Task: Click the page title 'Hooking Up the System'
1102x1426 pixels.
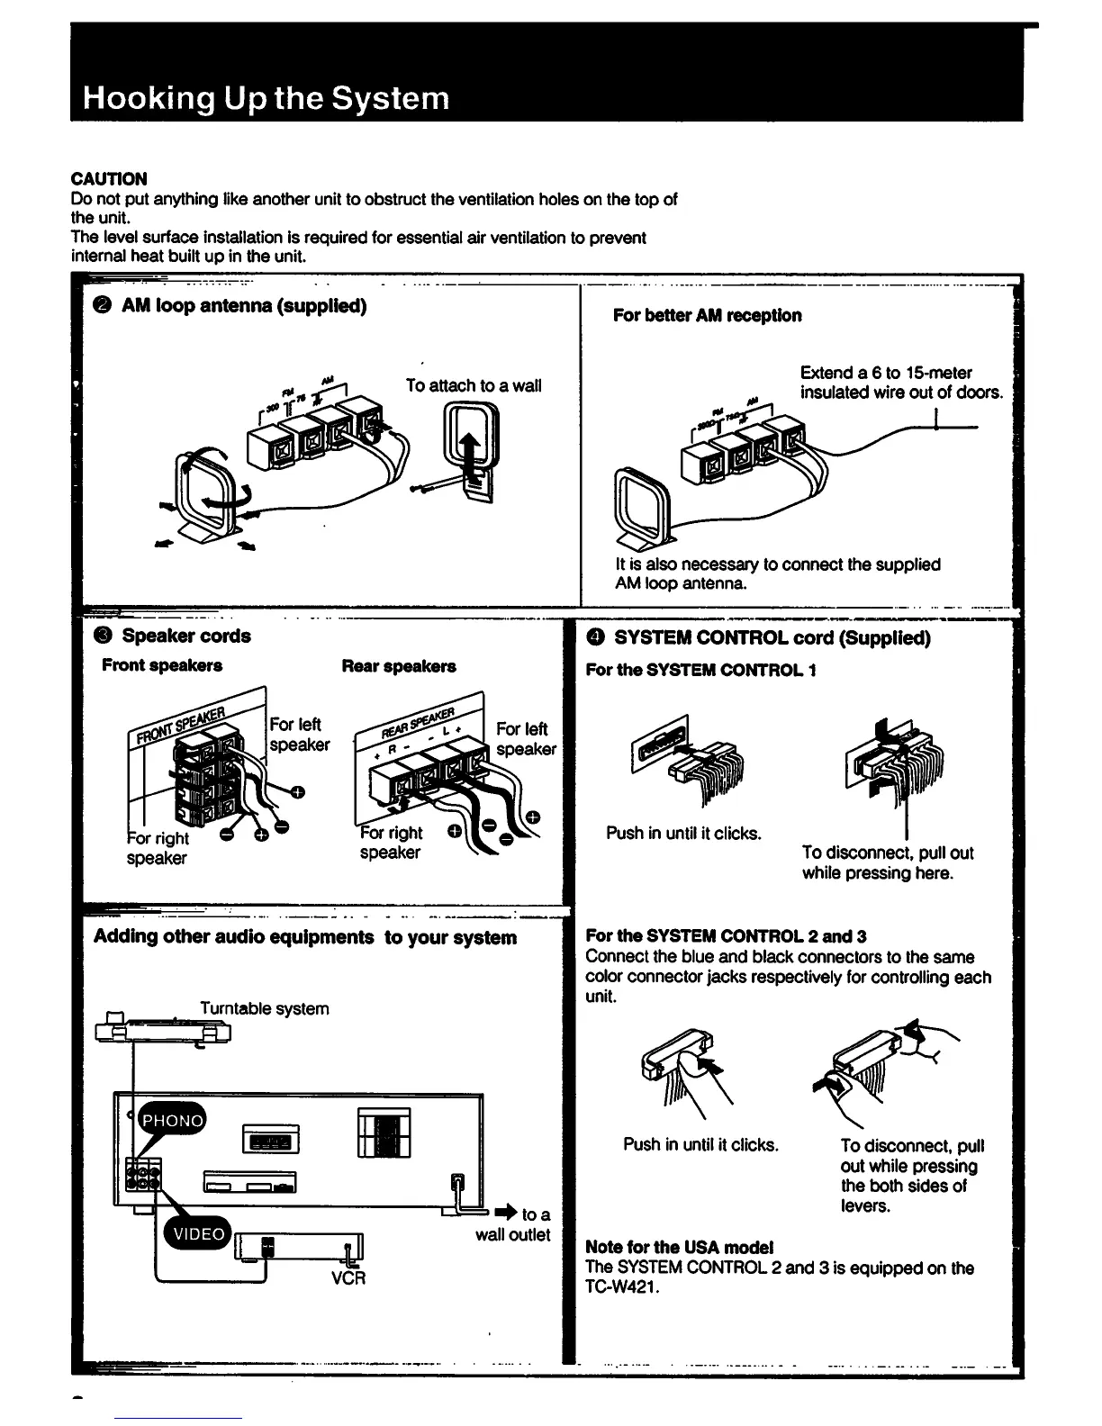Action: tap(266, 97)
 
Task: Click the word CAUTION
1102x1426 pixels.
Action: tap(109, 178)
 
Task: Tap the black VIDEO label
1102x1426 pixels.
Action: tap(197, 1234)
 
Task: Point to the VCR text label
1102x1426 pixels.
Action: tap(348, 1277)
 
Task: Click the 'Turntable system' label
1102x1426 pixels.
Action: tap(264, 1008)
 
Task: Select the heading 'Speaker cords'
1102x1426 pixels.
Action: tap(185, 636)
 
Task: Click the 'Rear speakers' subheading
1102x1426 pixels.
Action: tap(399, 666)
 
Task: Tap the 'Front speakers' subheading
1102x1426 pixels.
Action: tap(162, 665)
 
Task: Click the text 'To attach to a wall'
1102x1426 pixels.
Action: tap(474, 385)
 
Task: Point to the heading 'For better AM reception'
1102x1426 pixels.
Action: tap(707, 315)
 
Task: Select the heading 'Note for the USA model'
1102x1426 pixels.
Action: tap(679, 1248)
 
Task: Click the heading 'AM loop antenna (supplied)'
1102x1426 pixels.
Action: tap(243, 306)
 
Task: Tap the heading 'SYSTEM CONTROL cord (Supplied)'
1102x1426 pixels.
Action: tap(772, 638)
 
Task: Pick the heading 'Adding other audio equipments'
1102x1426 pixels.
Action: tap(234, 937)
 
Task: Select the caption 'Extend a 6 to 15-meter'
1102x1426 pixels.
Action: tap(886, 373)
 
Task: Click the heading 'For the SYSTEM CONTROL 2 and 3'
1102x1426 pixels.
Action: tap(726, 936)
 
